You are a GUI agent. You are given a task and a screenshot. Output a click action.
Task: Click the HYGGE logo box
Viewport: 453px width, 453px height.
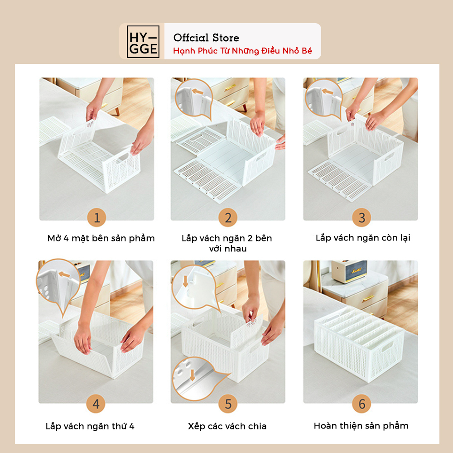coord(143,42)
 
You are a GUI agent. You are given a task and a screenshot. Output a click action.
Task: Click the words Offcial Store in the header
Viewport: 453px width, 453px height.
coord(206,38)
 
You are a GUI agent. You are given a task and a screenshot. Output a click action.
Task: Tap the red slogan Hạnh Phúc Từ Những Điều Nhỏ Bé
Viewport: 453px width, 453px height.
coord(242,51)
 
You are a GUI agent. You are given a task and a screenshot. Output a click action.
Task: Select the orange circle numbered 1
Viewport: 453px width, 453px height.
coord(97,217)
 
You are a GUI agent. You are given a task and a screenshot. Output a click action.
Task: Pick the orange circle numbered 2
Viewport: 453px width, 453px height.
coord(228,217)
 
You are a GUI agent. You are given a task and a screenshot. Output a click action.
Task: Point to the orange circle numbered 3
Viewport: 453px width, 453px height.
coord(361,217)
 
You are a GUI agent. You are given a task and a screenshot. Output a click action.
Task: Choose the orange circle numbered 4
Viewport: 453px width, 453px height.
coord(96,404)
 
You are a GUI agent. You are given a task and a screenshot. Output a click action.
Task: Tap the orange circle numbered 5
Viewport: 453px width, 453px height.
coord(228,404)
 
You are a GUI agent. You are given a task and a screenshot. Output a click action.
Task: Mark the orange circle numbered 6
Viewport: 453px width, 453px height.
coord(361,404)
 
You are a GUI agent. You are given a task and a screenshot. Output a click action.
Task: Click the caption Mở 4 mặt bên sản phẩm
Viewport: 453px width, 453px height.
coord(101,238)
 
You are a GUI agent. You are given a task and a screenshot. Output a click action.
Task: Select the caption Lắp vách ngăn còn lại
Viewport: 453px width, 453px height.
coord(363,238)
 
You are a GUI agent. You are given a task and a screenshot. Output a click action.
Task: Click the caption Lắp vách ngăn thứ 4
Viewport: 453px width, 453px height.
coord(90,426)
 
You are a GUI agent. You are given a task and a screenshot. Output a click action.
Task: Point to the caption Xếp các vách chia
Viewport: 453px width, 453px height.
coord(227,426)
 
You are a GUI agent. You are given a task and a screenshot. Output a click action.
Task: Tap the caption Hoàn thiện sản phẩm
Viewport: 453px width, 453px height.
coord(361,426)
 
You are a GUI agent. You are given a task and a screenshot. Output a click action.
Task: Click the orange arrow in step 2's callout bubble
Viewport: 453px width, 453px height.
coord(198,92)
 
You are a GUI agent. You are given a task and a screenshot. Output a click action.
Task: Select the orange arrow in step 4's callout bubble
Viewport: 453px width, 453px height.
coord(64,274)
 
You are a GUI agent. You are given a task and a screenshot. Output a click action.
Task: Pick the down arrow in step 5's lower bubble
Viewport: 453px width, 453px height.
coord(192,375)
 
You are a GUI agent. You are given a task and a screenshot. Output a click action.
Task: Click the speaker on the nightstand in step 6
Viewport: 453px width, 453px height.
coord(349,271)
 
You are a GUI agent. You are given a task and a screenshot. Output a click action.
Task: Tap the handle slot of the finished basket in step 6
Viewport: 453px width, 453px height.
coord(388,346)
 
